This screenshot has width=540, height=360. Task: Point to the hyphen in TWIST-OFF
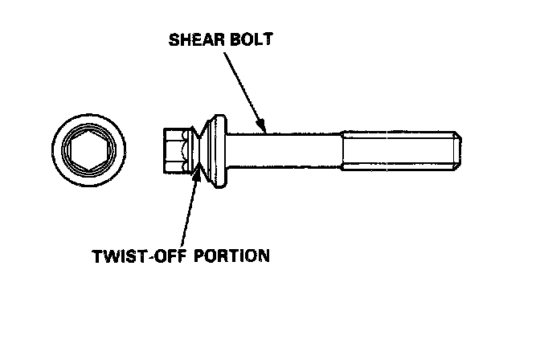(145, 256)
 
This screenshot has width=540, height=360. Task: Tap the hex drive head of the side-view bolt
(174, 150)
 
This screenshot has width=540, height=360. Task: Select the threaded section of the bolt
(398, 151)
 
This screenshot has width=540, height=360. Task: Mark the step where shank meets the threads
(344, 151)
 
